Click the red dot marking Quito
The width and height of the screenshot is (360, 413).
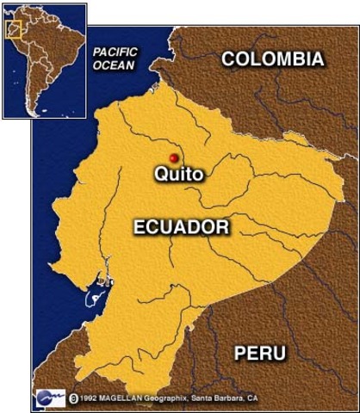tap(173, 158)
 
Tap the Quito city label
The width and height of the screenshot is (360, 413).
tap(178, 175)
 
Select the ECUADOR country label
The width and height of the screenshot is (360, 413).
tap(181, 227)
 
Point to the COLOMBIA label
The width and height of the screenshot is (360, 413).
tap(273, 59)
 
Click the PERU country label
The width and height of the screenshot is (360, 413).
tap(260, 353)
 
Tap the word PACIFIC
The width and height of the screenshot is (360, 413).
tap(116, 52)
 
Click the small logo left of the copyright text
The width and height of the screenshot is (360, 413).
tap(50, 398)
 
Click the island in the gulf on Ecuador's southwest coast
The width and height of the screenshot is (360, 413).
tap(88, 300)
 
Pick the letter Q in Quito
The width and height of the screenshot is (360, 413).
tap(160, 175)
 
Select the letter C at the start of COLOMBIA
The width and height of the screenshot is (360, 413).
tap(228, 59)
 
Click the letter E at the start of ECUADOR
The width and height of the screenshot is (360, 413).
tap(139, 227)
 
